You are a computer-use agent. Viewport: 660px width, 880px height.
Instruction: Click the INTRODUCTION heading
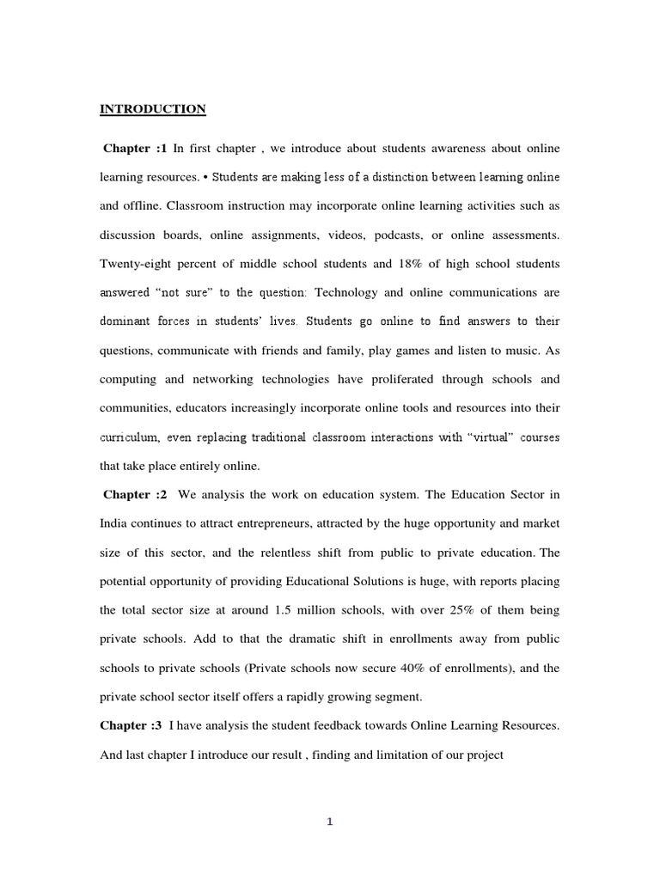[153, 109]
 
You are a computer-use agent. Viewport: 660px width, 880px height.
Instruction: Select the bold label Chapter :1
[135, 149]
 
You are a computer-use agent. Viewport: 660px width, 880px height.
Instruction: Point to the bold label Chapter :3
[131, 726]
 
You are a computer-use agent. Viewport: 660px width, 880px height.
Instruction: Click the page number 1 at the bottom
[329, 822]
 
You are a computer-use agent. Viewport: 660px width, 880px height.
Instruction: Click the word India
[115, 523]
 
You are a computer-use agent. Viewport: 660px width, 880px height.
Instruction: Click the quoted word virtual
[491, 437]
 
